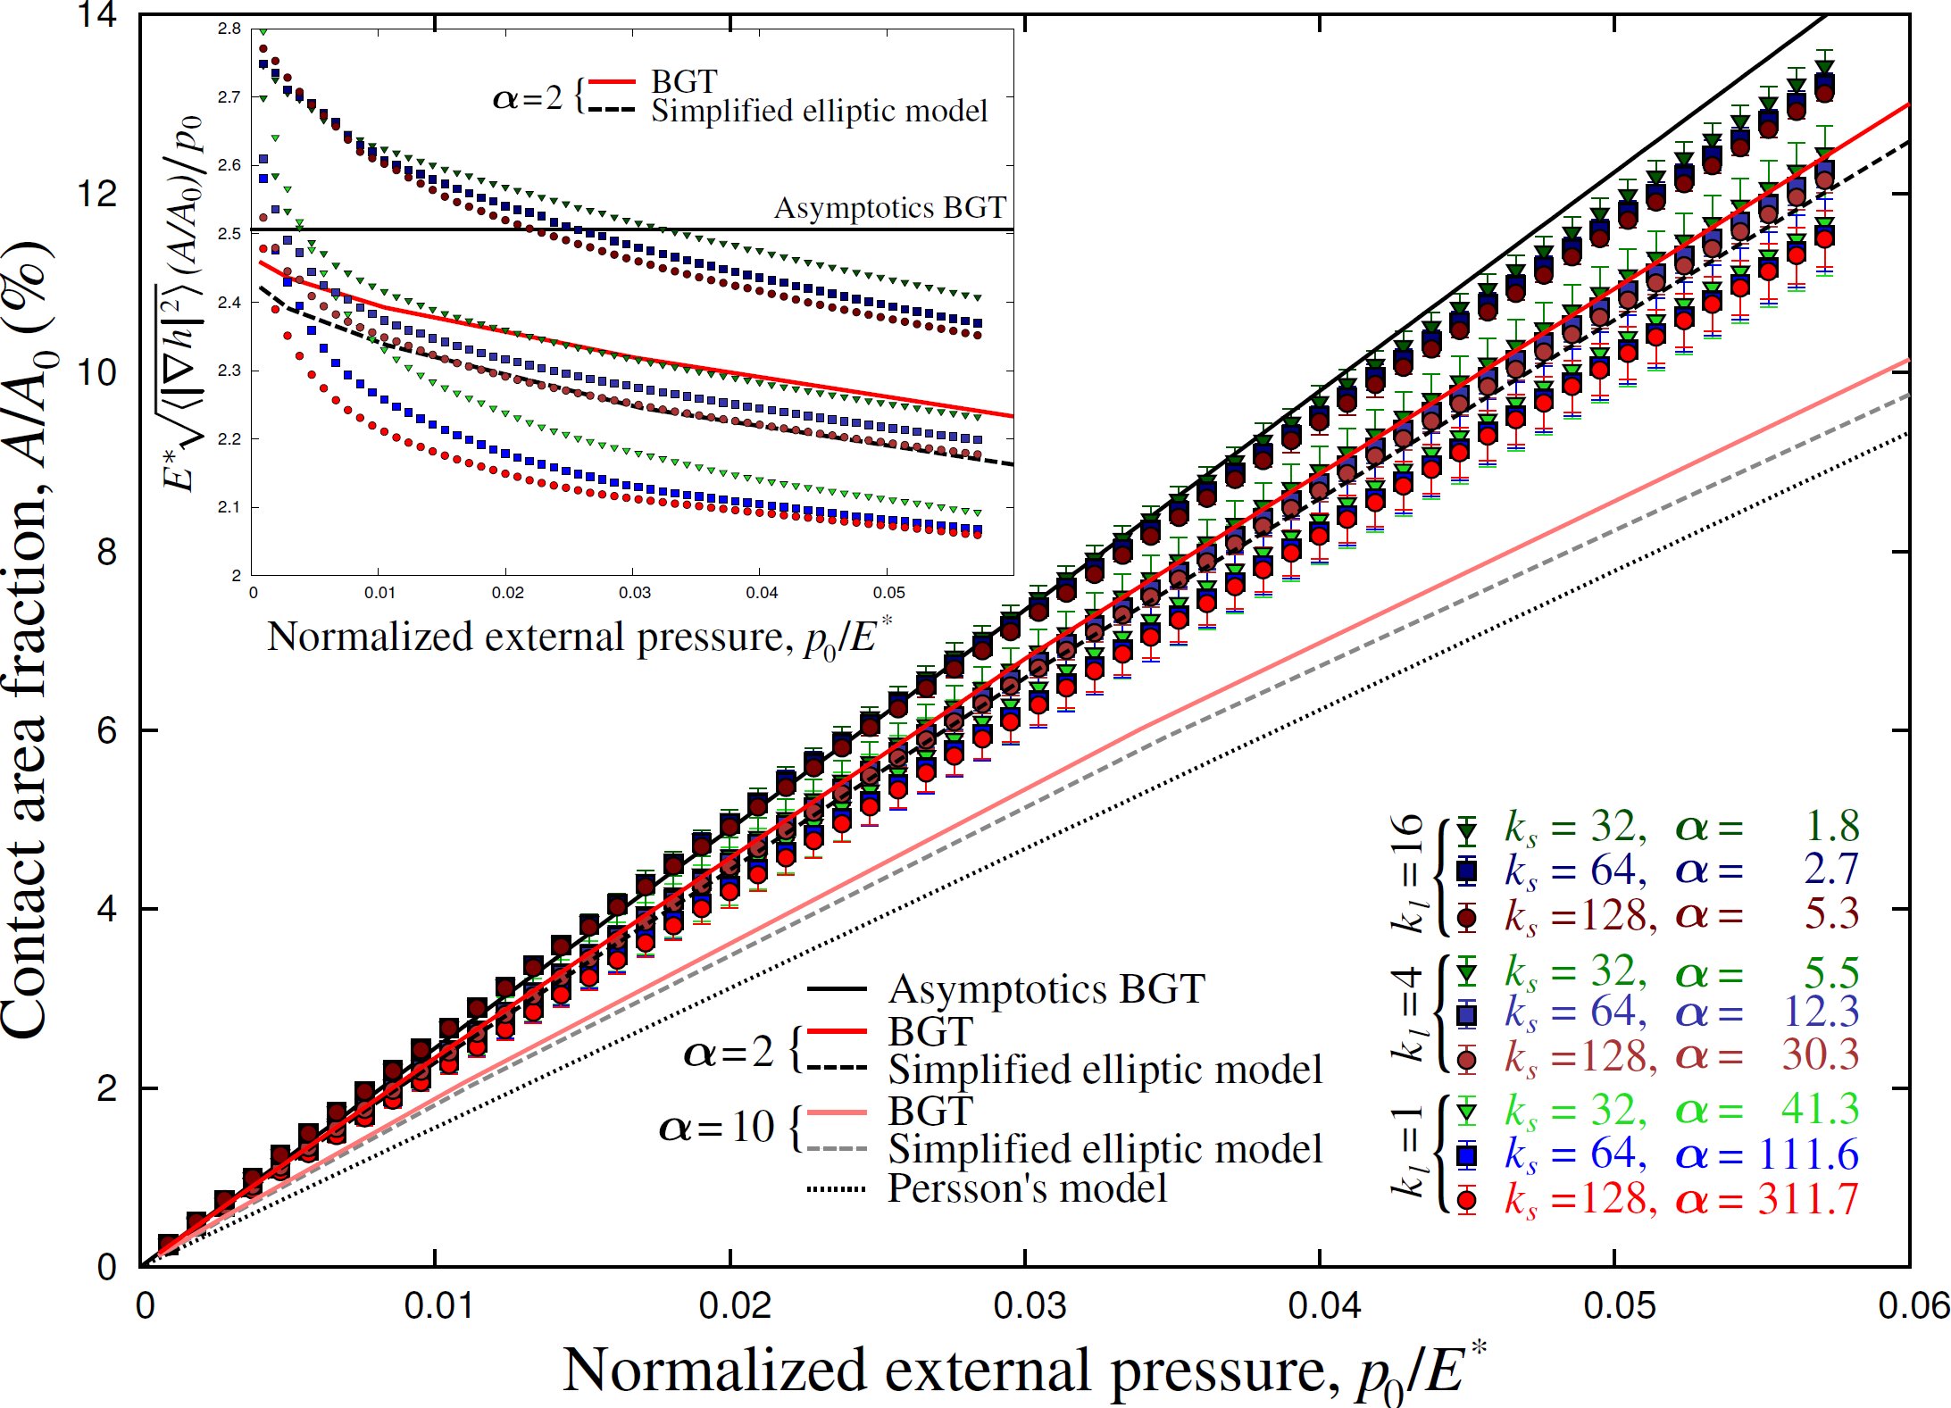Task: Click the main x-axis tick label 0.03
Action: tap(1029, 1306)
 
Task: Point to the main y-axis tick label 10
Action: tap(96, 372)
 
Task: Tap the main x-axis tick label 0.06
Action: tap(1913, 1306)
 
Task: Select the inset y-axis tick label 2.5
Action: tap(229, 234)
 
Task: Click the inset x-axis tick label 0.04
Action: tap(762, 593)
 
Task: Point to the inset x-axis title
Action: tap(579, 638)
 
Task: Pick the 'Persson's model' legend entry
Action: tap(1027, 1189)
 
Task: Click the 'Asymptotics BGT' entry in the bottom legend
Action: tap(1046, 989)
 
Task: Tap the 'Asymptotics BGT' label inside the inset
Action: tap(889, 208)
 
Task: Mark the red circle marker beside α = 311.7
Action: tap(1466, 1200)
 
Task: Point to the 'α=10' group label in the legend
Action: tap(717, 1128)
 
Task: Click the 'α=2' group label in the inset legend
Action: tap(528, 97)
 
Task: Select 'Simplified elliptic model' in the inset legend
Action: tap(819, 112)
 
